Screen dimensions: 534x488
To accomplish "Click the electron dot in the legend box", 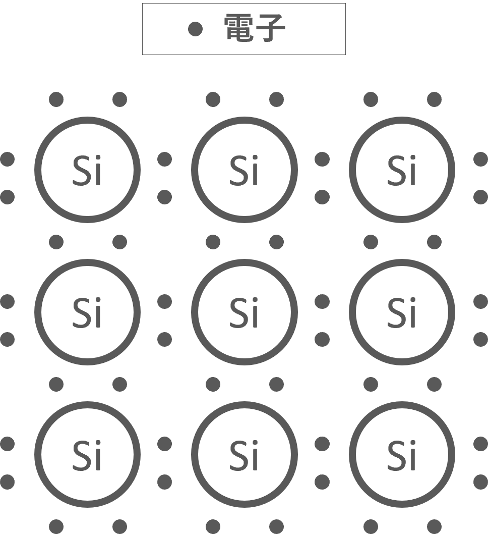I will point(195,29).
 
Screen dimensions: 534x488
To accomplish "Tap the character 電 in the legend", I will point(239,28).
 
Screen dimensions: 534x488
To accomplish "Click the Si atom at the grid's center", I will point(244,312).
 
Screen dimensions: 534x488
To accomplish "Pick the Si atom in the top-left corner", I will point(87,170).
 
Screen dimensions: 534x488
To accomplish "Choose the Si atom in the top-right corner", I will point(402,170).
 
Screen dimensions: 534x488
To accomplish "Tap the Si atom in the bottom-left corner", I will point(87,454).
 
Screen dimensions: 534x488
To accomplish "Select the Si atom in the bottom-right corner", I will point(402,454).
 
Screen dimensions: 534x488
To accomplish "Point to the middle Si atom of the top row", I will point(244,170).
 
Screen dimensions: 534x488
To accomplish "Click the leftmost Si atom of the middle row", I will point(87,312).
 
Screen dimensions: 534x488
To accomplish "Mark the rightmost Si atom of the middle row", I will point(402,312).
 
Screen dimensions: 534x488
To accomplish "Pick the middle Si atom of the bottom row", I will point(244,454).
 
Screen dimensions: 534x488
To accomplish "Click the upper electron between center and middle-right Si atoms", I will point(322,302).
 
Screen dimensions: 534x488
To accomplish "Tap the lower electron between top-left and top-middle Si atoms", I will point(164,197).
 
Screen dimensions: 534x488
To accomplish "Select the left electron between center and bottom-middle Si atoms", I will point(213,385).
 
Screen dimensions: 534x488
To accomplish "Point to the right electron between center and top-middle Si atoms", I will point(276,242).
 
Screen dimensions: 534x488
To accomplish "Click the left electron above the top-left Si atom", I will point(56,99).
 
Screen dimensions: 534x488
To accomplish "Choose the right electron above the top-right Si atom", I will point(434,99).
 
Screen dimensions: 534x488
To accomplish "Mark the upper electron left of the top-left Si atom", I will point(7,159).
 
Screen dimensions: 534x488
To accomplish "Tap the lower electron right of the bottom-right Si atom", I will point(480,482).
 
